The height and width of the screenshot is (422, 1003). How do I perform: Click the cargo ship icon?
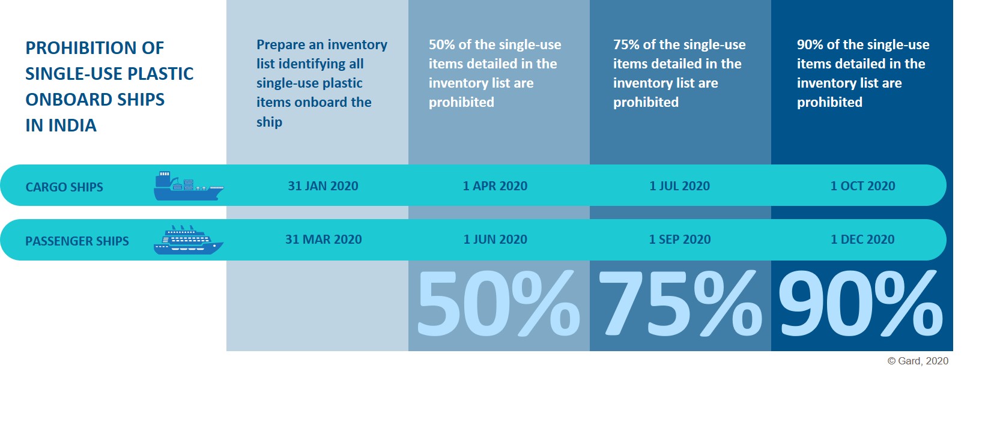(189, 185)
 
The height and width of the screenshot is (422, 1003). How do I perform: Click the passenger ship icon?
(189, 240)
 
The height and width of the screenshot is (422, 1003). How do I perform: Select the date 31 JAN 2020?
(323, 186)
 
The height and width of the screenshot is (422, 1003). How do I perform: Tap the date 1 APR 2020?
(495, 186)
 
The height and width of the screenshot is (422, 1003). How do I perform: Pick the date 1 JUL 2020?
(680, 186)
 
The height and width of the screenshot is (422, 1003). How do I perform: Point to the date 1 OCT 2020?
(863, 186)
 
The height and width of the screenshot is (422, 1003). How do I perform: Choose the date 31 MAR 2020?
(323, 240)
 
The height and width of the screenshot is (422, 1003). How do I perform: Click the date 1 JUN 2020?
(495, 240)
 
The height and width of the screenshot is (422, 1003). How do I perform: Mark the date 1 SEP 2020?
(680, 240)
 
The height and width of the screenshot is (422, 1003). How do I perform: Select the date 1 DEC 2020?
(862, 240)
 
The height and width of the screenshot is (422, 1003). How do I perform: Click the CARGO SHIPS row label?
(64, 187)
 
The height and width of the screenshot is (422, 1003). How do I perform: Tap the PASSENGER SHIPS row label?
(77, 241)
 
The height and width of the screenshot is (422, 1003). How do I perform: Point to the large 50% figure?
(498, 303)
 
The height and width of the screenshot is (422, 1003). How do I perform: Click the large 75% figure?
(680, 303)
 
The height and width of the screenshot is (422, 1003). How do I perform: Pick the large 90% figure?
(861, 303)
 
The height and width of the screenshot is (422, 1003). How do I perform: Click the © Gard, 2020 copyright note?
(918, 361)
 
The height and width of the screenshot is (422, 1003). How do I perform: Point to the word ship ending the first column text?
(269, 122)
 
